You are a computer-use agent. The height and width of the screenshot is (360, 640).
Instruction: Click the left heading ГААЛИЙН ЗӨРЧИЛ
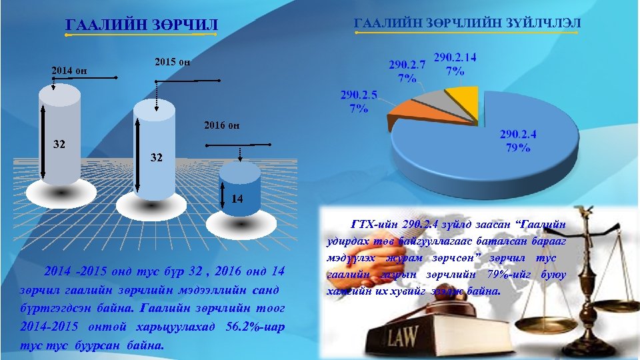pyautogui.click(x=142, y=25)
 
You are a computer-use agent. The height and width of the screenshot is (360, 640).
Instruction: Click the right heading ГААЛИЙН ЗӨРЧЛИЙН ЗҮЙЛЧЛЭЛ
pyautogui.click(x=467, y=23)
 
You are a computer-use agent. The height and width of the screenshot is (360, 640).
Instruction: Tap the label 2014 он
pyautogui.click(x=70, y=70)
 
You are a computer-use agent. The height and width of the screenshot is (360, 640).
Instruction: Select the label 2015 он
pyautogui.click(x=173, y=62)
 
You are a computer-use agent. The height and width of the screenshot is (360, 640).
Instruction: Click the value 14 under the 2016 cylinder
pyautogui.click(x=237, y=199)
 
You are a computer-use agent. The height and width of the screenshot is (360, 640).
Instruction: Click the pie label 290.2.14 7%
pyautogui.click(x=455, y=63)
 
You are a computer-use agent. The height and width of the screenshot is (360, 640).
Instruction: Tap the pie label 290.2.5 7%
pyautogui.click(x=359, y=101)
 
